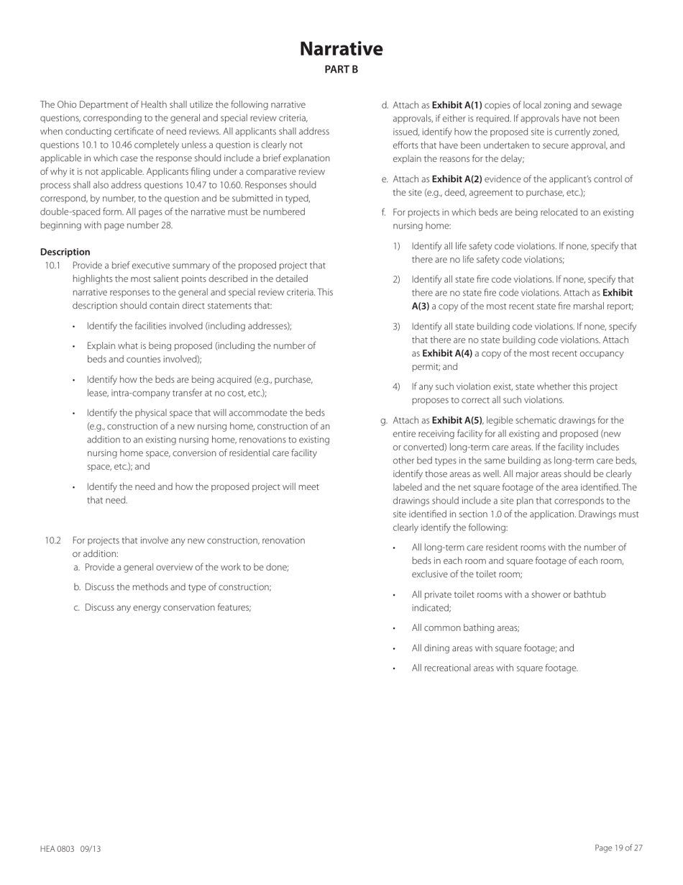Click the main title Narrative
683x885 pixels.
tap(341, 49)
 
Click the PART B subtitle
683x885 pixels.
tap(341, 70)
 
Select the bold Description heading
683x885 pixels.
tap(65, 252)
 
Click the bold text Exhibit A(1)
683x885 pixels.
tap(457, 105)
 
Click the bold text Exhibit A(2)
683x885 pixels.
tap(457, 179)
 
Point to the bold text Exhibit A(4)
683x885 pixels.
tap(440, 353)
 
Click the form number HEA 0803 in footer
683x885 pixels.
tap(58, 849)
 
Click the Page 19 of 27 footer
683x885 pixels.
tap(618, 848)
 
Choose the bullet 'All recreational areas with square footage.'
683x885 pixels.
tap(495, 668)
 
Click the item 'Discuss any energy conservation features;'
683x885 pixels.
tap(168, 607)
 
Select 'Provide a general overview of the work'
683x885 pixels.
tap(186, 567)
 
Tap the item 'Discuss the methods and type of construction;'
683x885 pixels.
tap(178, 587)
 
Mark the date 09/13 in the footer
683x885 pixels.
tap(91, 849)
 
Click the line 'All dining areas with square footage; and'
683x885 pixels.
tap(492, 648)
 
